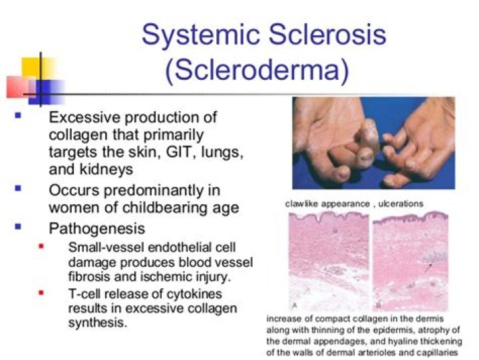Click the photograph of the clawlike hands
pos(373,142)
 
